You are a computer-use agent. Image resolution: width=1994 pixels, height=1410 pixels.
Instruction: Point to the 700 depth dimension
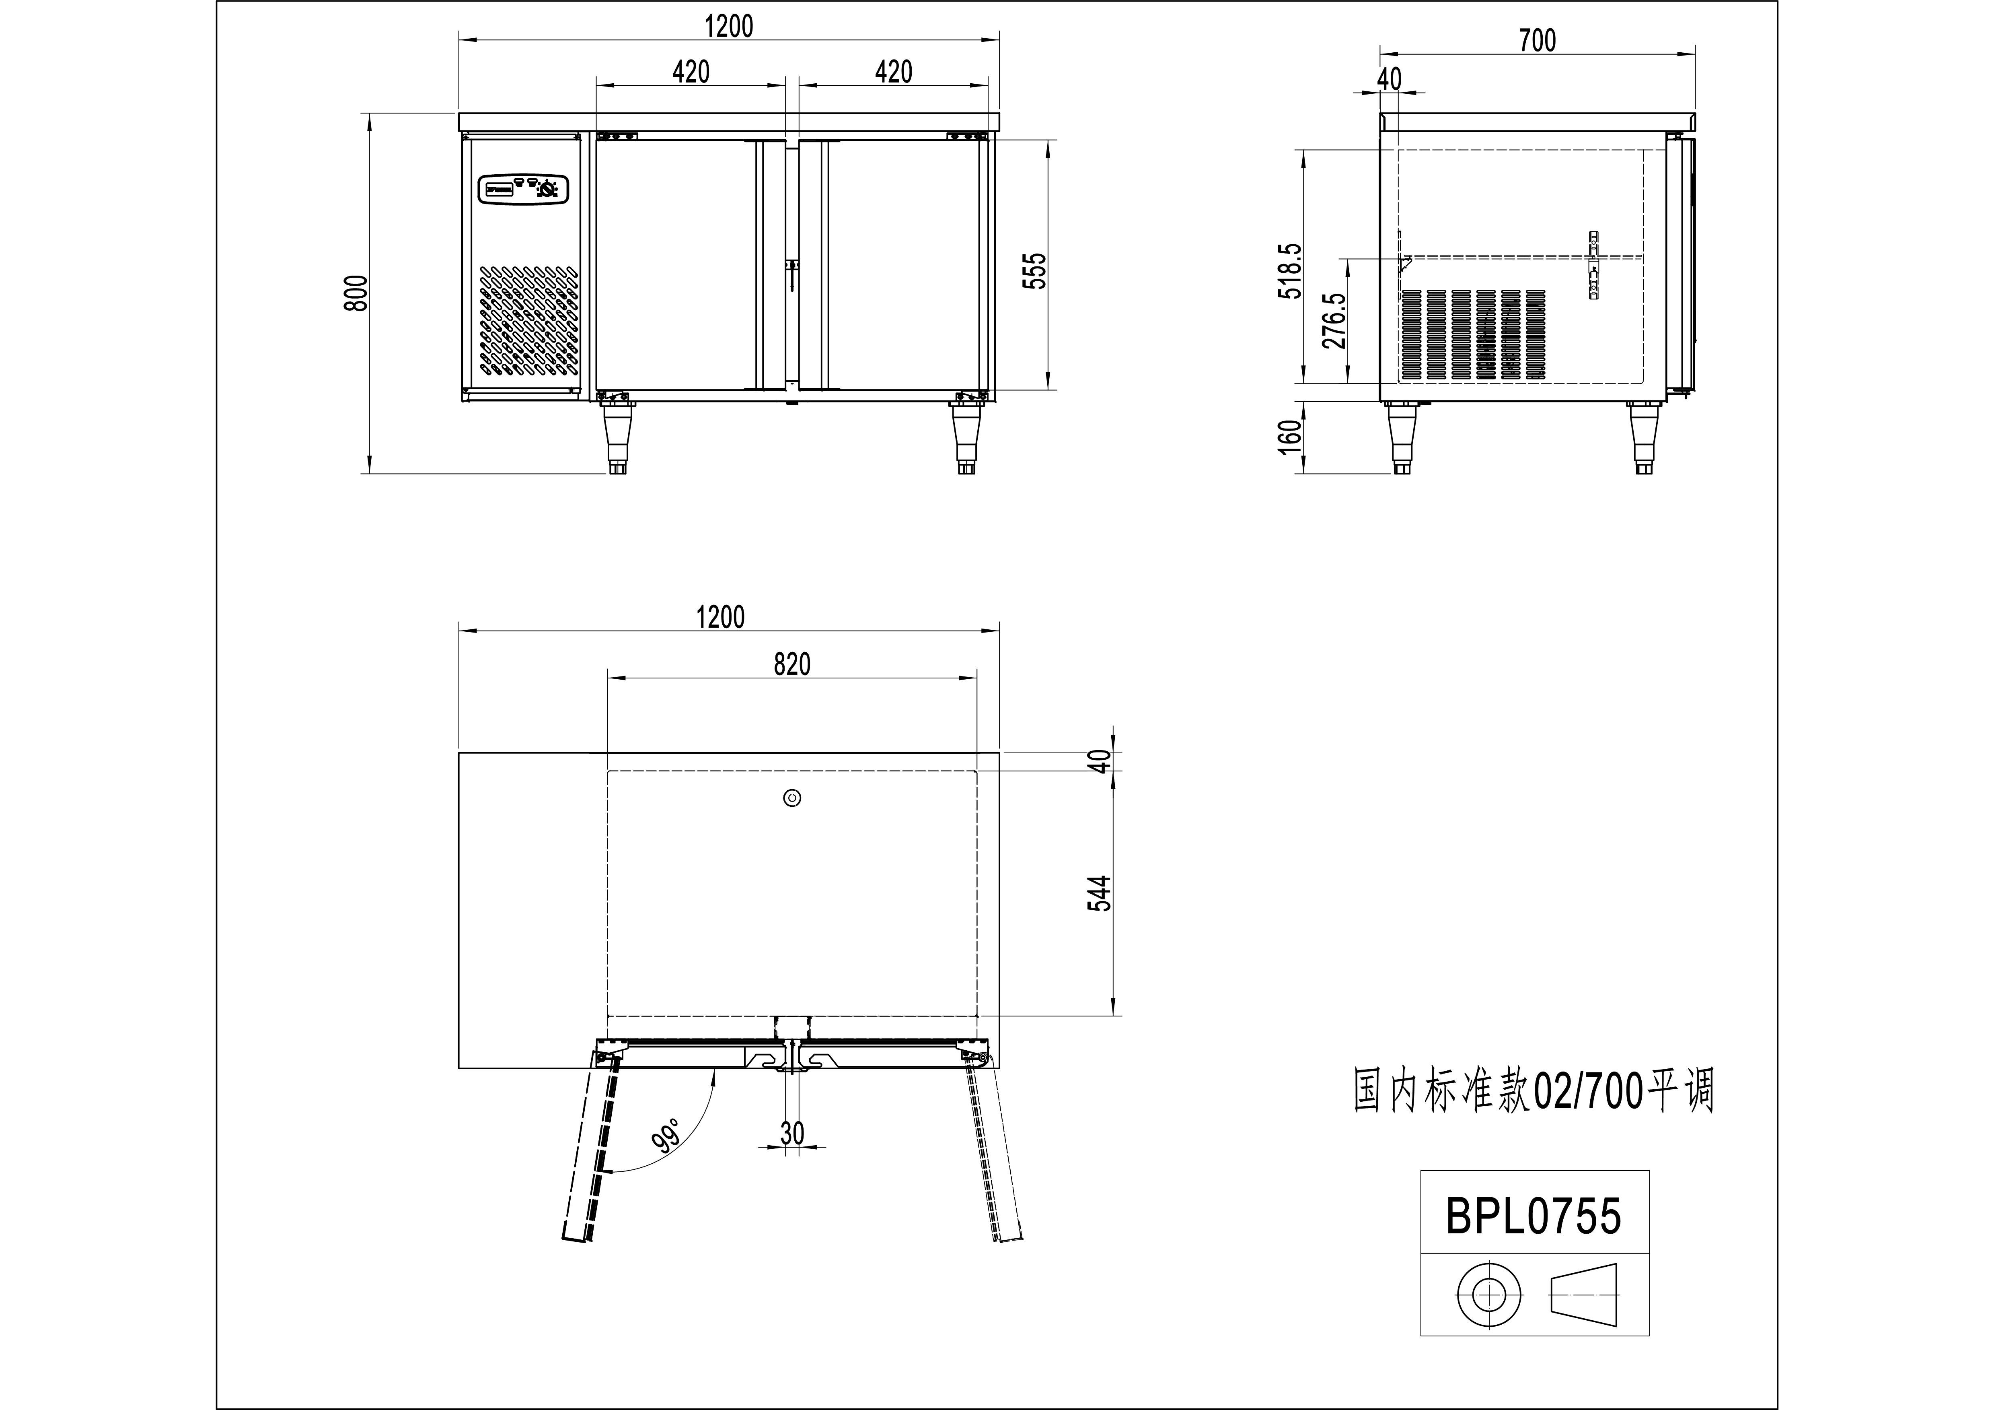pos(1537,40)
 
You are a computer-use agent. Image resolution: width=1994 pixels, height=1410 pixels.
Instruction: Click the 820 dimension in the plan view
pos(792,664)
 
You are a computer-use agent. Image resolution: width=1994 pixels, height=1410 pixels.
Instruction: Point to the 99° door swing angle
pos(666,1137)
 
